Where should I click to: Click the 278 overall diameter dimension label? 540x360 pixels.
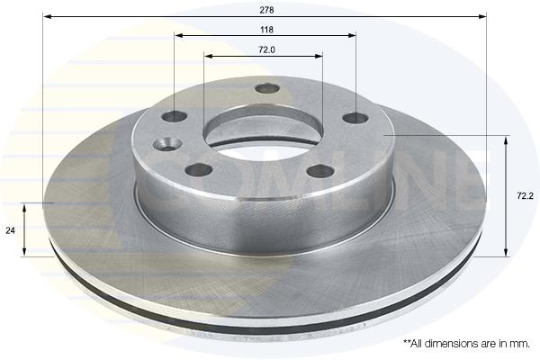click(x=266, y=10)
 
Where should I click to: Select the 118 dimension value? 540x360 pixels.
click(x=266, y=30)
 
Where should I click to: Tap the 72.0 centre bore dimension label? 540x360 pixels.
click(x=266, y=49)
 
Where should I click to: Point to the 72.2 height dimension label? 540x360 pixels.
click(x=525, y=196)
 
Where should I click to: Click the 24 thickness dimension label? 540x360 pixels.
click(x=10, y=230)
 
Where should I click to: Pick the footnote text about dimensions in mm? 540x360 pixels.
click(x=466, y=344)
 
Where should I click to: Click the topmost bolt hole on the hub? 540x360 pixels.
click(x=267, y=88)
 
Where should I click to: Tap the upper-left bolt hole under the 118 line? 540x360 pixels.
click(x=175, y=116)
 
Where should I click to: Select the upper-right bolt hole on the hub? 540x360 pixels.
click(x=355, y=118)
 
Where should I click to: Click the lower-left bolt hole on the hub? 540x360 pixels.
click(x=198, y=169)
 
